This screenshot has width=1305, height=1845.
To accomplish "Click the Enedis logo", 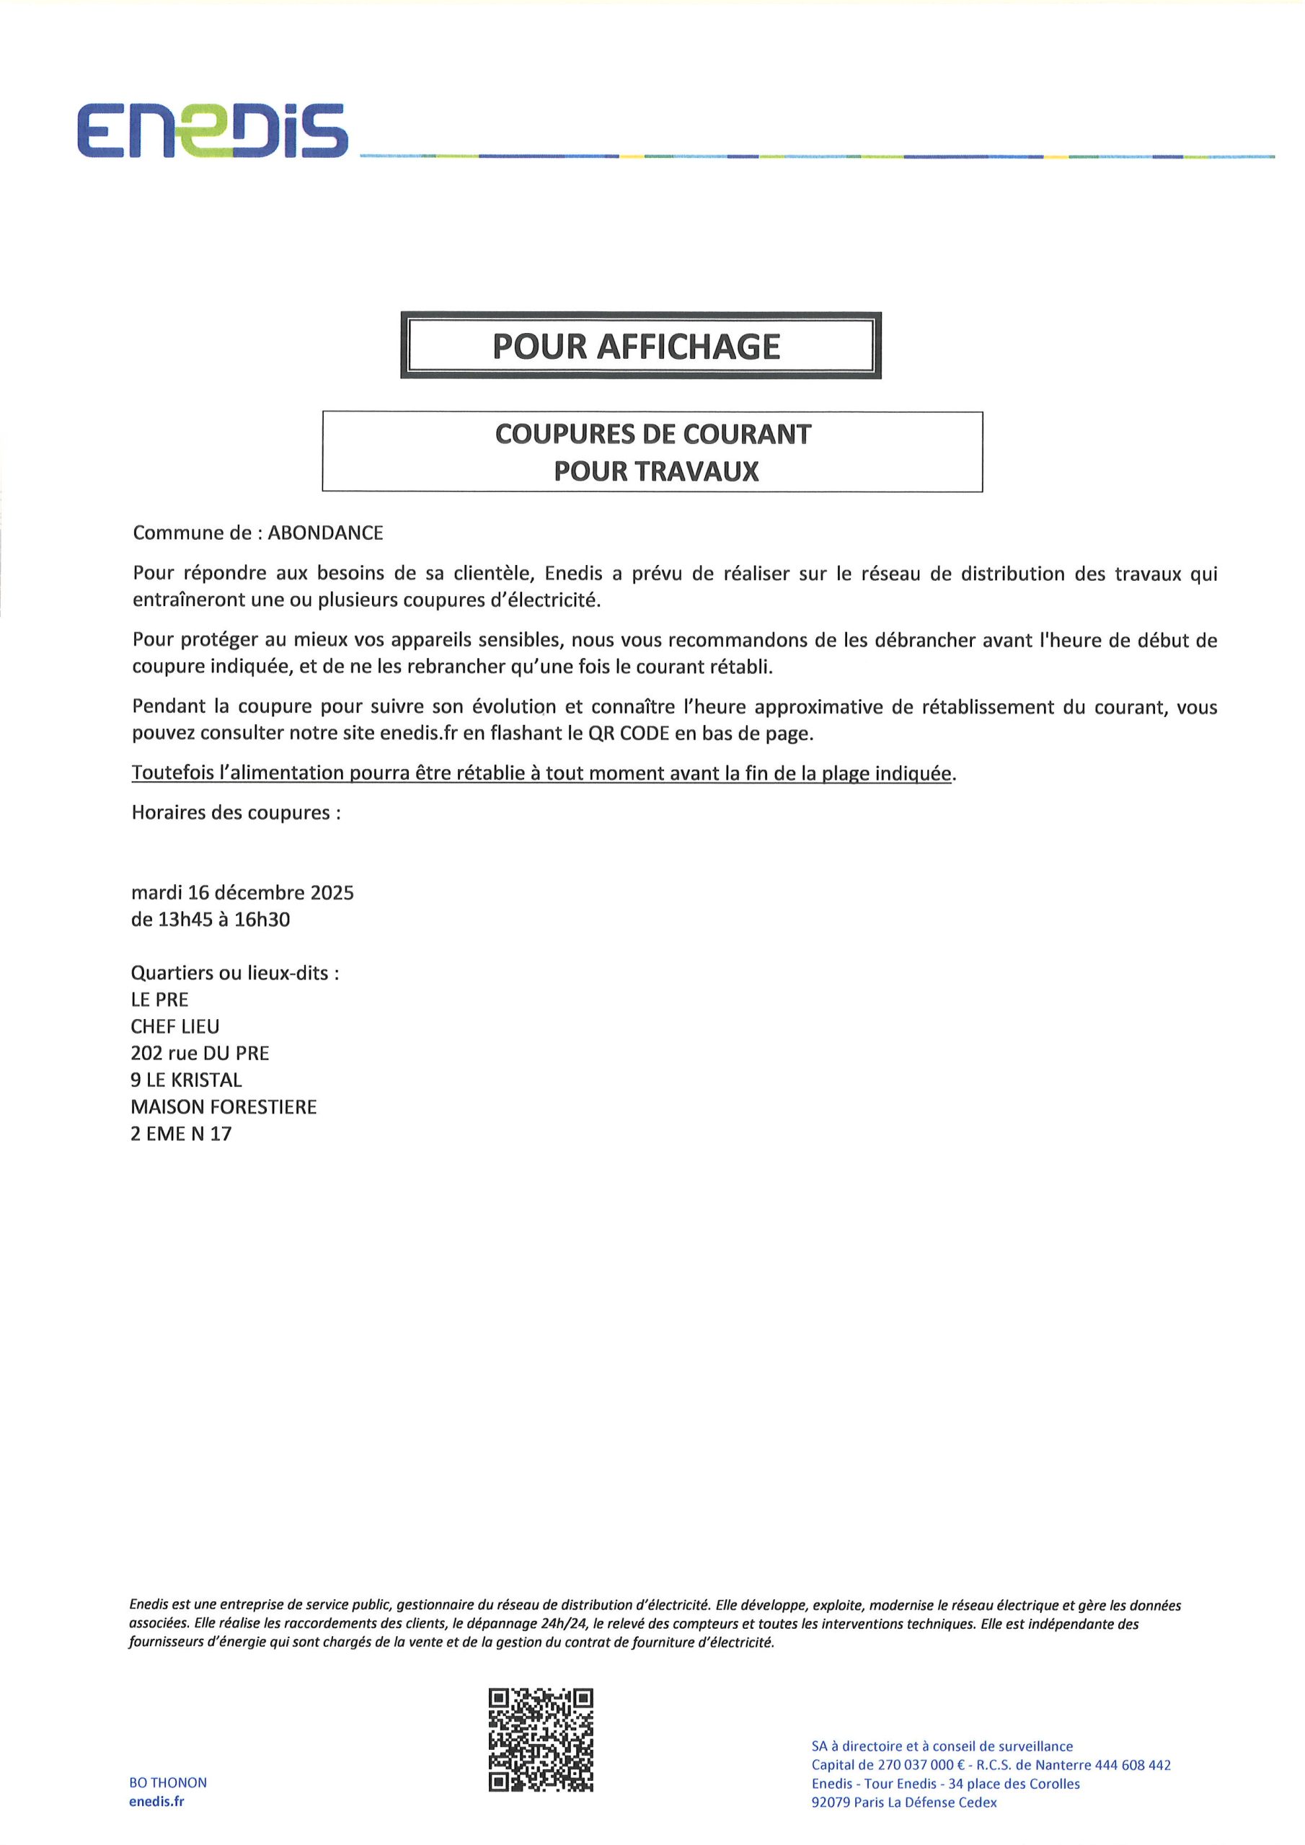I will coord(212,130).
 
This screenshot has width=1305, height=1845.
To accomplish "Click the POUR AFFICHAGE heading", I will coord(636,347).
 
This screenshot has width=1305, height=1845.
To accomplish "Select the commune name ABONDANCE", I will coord(325,533).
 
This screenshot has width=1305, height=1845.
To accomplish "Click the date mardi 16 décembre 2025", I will coord(242,893).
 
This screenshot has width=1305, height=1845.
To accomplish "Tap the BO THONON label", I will coord(168,1782).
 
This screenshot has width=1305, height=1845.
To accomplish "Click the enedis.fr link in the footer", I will coord(156,1801).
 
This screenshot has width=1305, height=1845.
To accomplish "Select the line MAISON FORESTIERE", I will coord(224,1106).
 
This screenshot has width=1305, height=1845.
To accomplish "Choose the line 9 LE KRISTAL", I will coord(186,1080).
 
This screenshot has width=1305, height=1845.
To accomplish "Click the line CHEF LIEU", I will coord(174,1026).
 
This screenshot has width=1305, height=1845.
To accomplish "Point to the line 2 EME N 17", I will coord(181,1134).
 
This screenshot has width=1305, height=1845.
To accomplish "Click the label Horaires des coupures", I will coord(235,812).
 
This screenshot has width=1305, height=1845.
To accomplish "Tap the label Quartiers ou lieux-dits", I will coord(234,973).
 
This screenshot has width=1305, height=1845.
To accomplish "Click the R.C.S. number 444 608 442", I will coord(1132,1766).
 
